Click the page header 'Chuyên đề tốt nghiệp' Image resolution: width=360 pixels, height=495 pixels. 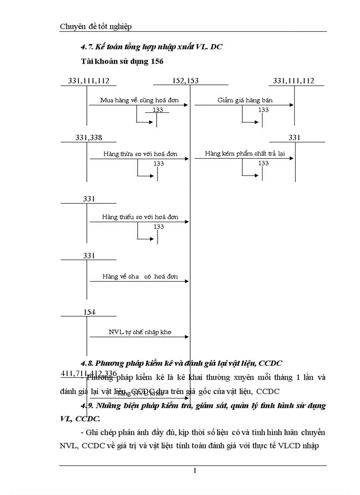(96, 27)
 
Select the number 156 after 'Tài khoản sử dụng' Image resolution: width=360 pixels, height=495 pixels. (157, 62)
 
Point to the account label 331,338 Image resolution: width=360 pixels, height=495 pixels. (89, 138)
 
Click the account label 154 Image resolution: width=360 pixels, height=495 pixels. (89, 312)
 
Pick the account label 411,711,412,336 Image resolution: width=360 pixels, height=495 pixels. (89, 374)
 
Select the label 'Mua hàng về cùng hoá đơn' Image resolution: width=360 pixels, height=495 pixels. (139, 100)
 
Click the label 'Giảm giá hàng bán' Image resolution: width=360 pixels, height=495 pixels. (245, 100)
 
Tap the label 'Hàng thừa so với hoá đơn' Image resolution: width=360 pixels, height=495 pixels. (140, 154)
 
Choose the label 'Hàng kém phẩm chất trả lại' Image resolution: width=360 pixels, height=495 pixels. (244, 154)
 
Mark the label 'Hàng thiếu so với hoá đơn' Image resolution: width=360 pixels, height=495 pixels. (140, 217)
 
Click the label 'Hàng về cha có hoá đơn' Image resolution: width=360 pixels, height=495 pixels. (140, 277)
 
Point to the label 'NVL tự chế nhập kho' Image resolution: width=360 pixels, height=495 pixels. (140, 332)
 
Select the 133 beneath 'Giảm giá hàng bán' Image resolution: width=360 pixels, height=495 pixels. (263, 110)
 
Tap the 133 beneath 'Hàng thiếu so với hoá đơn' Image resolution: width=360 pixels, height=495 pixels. (158, 227)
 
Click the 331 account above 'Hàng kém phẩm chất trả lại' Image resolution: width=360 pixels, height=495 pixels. (294, 138)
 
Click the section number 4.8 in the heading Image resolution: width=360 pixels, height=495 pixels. (86, 364)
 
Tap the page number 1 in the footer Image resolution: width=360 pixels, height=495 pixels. (194, 471)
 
